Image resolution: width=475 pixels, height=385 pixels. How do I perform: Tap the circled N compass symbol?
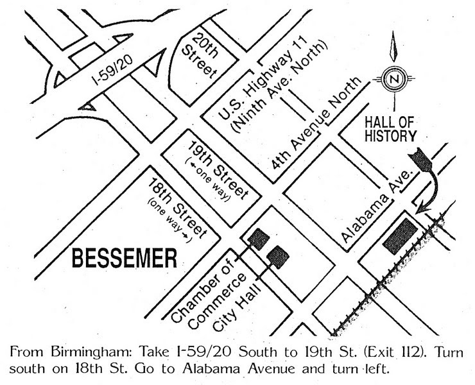(391, 80)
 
